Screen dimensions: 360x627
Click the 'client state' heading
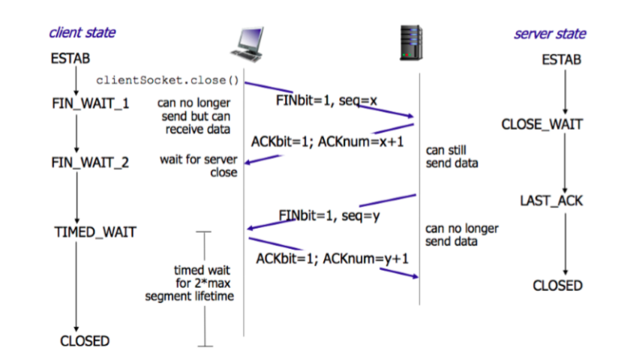coord(82,33)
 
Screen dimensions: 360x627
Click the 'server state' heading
coord(550,34)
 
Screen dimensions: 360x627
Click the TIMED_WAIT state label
coord(95,232)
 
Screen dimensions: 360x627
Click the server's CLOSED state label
coord(557,286)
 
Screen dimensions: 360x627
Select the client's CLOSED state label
coord(84,340)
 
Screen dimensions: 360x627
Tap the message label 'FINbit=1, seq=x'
coord(314,101)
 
